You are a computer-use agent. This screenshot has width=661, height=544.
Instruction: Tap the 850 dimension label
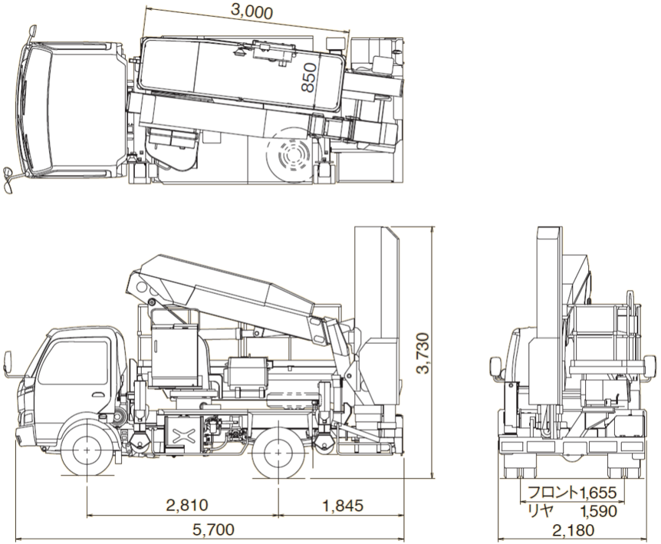click(x=309, y=77)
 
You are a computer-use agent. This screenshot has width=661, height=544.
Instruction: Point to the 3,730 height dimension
click(x=423, y=354)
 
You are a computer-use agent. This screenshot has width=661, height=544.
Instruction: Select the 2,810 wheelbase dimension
click(x=187, y=505)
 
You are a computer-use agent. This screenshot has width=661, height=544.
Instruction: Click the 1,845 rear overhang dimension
click(x=342, y=505)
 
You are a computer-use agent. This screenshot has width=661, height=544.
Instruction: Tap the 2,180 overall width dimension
click(x=573, y=529)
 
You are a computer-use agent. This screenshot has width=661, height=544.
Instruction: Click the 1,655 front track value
click(x=598, y=492)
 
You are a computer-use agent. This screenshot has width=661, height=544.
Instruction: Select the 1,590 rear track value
click(x=598, y=511)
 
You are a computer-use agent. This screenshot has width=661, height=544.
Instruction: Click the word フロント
click(x=553, y=492)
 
